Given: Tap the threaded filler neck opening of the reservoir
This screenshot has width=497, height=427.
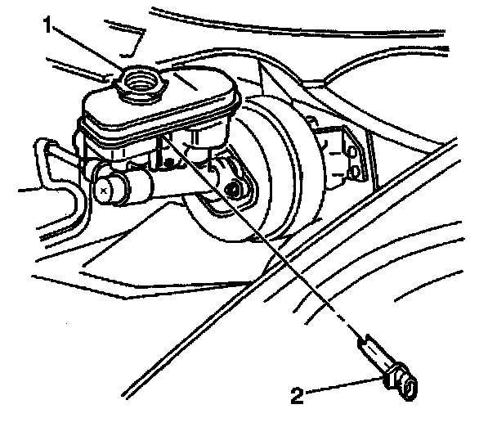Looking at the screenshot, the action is pyautogui.click(x=139, y=79).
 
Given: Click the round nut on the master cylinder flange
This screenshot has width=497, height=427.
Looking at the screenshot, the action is pyautogui.click(x=236, y=190).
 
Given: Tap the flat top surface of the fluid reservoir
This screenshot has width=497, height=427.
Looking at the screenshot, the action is pyautogui.click(x=188, y=90).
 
